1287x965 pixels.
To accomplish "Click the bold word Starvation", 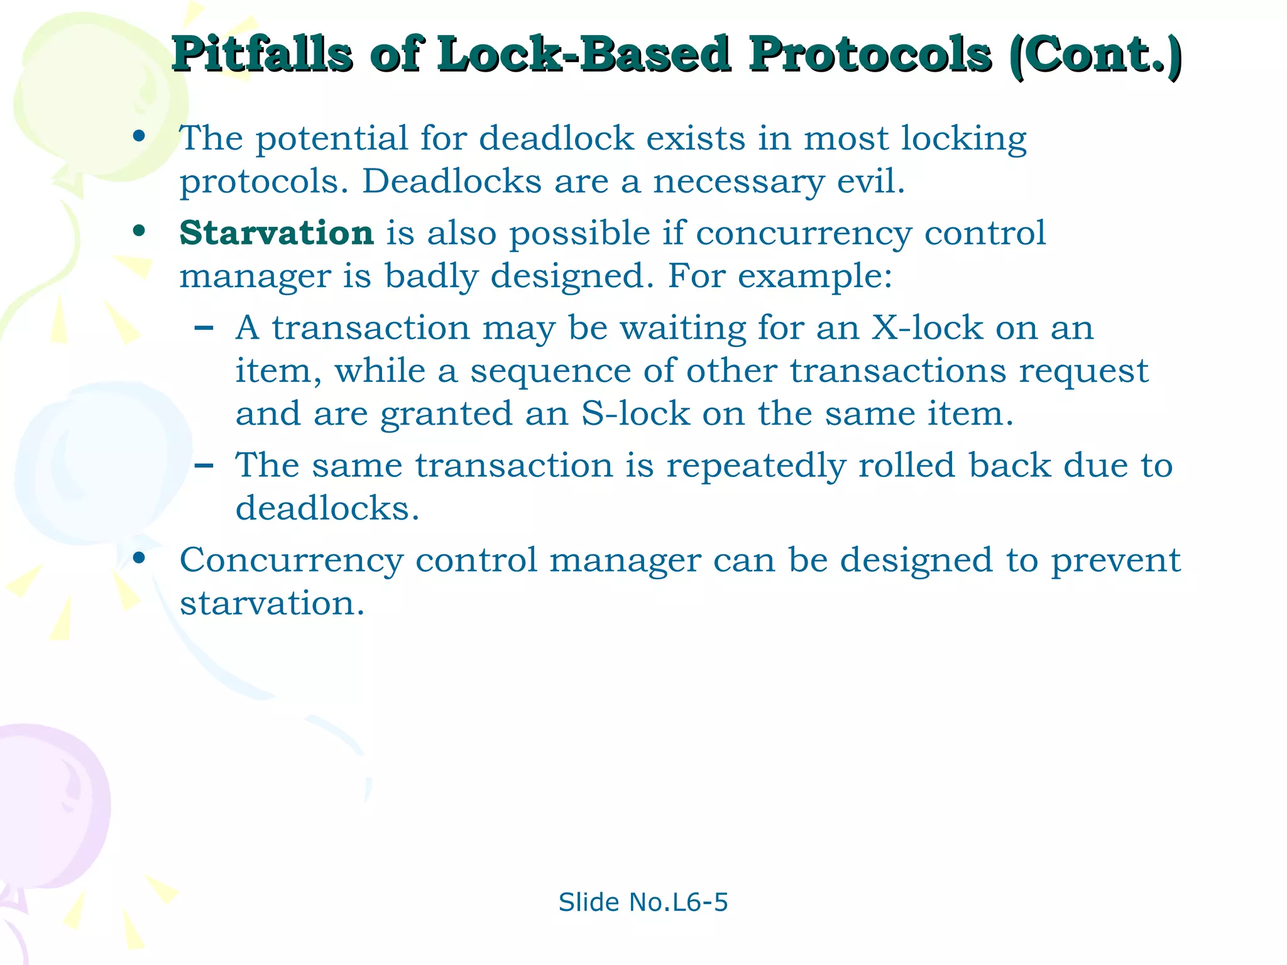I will [277, 233].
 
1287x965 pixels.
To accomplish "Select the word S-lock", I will [635, 414].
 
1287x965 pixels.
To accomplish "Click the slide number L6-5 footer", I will [643, 902].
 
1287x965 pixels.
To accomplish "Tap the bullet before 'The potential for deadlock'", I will [140, 136].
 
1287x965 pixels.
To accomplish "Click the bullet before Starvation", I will [140, 231].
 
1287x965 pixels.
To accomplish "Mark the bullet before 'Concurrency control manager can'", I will [140, 558].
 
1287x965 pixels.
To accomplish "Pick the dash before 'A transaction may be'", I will [204, 327].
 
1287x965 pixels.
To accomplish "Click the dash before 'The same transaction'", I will [204, 465].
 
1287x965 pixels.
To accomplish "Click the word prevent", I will [1115, 560].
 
